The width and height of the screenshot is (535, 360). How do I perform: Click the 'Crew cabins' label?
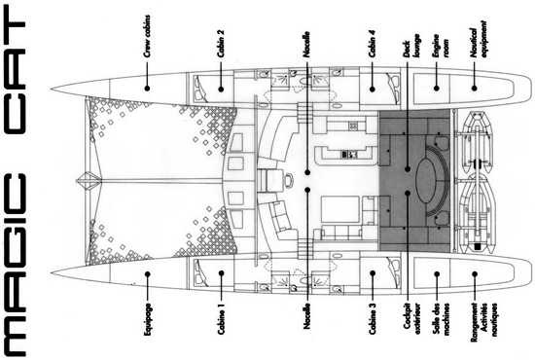(147, 35)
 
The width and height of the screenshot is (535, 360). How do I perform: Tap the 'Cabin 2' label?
(221, 44)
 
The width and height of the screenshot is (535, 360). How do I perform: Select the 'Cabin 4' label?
(373, 44)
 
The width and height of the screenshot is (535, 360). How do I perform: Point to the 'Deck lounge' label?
(410, 45)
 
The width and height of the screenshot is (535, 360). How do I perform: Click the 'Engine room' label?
(440, 45)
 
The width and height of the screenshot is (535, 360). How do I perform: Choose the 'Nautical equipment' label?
(478, 39)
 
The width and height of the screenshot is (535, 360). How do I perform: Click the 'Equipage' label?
(147, 319)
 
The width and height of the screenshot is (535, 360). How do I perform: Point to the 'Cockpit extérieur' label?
(410, 318)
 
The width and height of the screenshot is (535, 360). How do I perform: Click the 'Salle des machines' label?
(440, 320)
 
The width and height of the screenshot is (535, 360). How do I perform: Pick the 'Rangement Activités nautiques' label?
(482, 322)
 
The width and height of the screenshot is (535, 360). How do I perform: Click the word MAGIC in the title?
(15, 266)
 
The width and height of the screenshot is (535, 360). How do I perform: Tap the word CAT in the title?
(15, 77)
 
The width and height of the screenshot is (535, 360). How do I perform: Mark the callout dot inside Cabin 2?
(221, 90)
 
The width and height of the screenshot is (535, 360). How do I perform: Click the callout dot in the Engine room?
(437, 88)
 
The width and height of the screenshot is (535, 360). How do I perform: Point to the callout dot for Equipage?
(148, 273)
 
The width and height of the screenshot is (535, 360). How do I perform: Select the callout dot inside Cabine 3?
(373, 273)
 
